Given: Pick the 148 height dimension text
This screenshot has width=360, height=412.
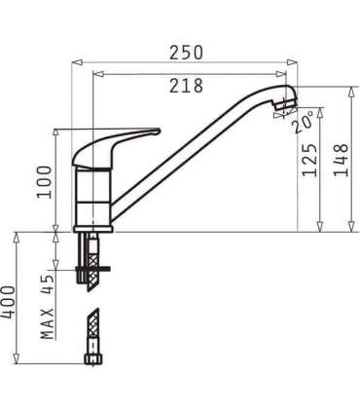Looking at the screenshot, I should click(341, 159).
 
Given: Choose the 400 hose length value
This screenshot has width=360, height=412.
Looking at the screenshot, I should click(9, 305).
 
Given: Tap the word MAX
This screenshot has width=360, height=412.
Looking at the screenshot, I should click(46, 322).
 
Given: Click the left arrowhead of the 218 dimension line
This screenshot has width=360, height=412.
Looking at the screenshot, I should click(95, 73).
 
